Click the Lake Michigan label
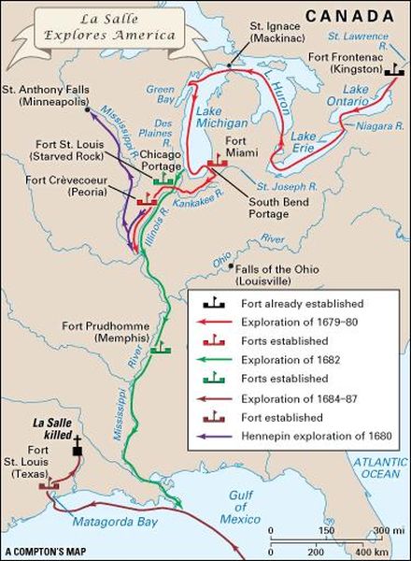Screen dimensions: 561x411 (x=221, y=118)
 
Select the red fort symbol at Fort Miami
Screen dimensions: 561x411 (x=218, y=160)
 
